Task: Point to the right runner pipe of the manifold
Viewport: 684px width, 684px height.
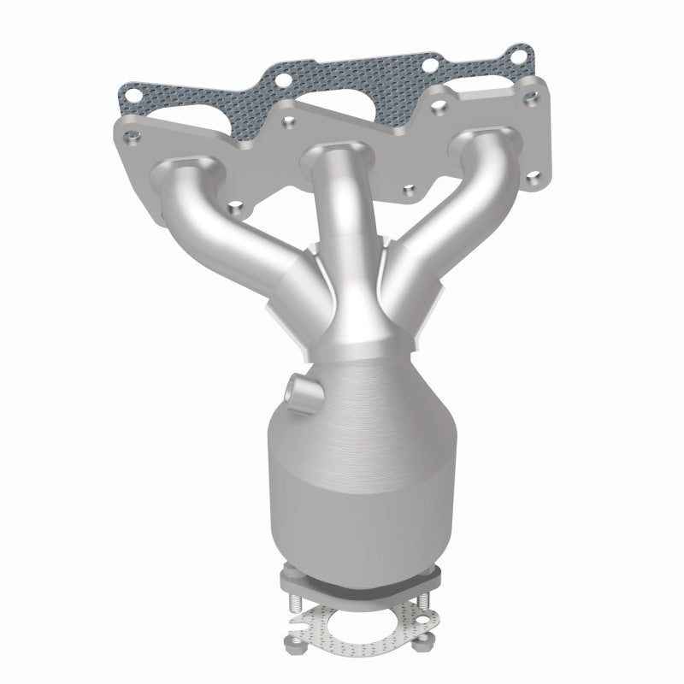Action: [445, 205]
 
